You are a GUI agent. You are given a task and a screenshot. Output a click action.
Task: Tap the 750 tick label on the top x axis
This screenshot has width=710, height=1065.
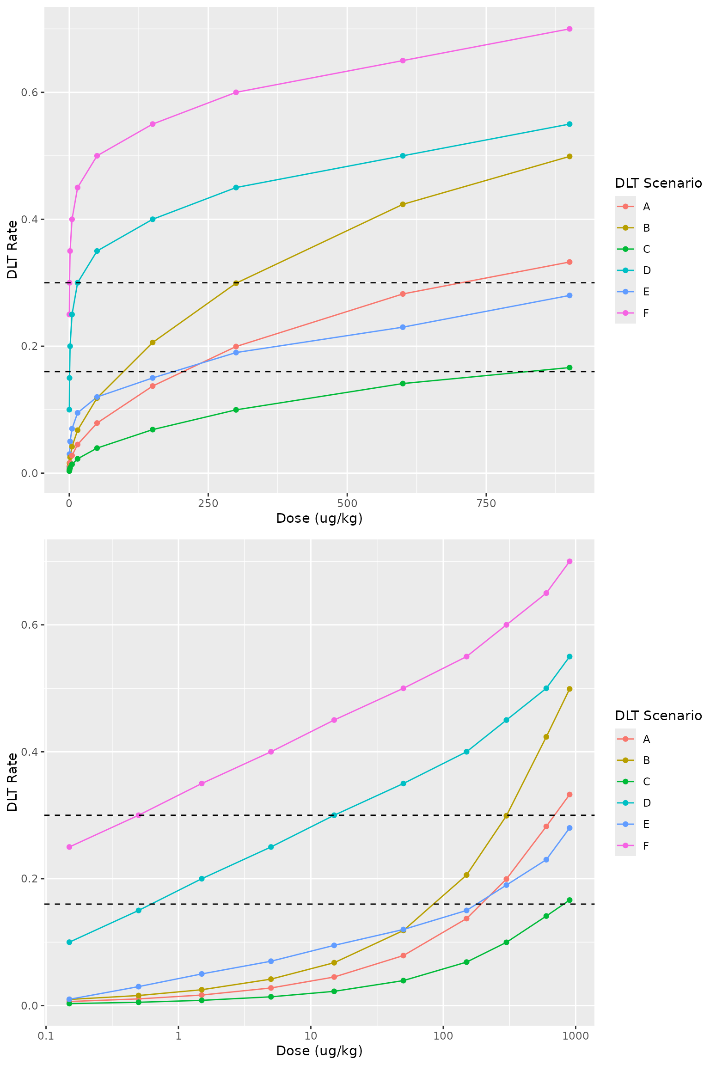[486, 503]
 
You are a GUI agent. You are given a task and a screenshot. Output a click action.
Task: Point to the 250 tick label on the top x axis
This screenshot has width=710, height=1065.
[208, 503]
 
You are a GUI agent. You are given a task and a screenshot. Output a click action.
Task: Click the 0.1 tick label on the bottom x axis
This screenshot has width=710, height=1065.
[45, 1036]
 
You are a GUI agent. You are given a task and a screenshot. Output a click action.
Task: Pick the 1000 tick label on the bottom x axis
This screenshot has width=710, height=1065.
[575, 1036]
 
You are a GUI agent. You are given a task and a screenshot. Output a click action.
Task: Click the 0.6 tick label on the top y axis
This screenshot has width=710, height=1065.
[29, 92]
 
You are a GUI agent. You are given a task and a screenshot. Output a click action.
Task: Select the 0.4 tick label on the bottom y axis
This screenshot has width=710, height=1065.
[29, 752]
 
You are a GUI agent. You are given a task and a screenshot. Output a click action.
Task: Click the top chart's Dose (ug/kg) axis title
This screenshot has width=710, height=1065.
[319, 519]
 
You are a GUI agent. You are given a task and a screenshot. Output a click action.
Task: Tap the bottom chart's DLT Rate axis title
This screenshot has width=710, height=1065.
[12, 782]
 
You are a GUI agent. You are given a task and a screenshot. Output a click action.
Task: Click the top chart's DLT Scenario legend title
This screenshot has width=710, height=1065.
[658, 184]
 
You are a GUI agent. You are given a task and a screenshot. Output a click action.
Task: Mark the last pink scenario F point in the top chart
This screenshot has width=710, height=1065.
[569, 29]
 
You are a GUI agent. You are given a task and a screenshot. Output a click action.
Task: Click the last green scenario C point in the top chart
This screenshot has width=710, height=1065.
[569, 367]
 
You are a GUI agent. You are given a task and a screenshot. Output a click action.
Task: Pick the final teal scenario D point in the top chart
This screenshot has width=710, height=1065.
[569, 124]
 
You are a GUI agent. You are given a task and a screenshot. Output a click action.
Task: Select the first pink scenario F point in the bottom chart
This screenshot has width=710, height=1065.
[69, 847]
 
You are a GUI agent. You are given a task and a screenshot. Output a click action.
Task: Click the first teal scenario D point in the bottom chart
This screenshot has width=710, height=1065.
[69, 942]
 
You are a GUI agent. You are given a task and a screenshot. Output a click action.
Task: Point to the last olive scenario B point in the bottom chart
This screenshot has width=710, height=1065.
[569, 689]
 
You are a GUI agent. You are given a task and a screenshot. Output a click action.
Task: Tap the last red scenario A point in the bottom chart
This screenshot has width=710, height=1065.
[569, 795]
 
